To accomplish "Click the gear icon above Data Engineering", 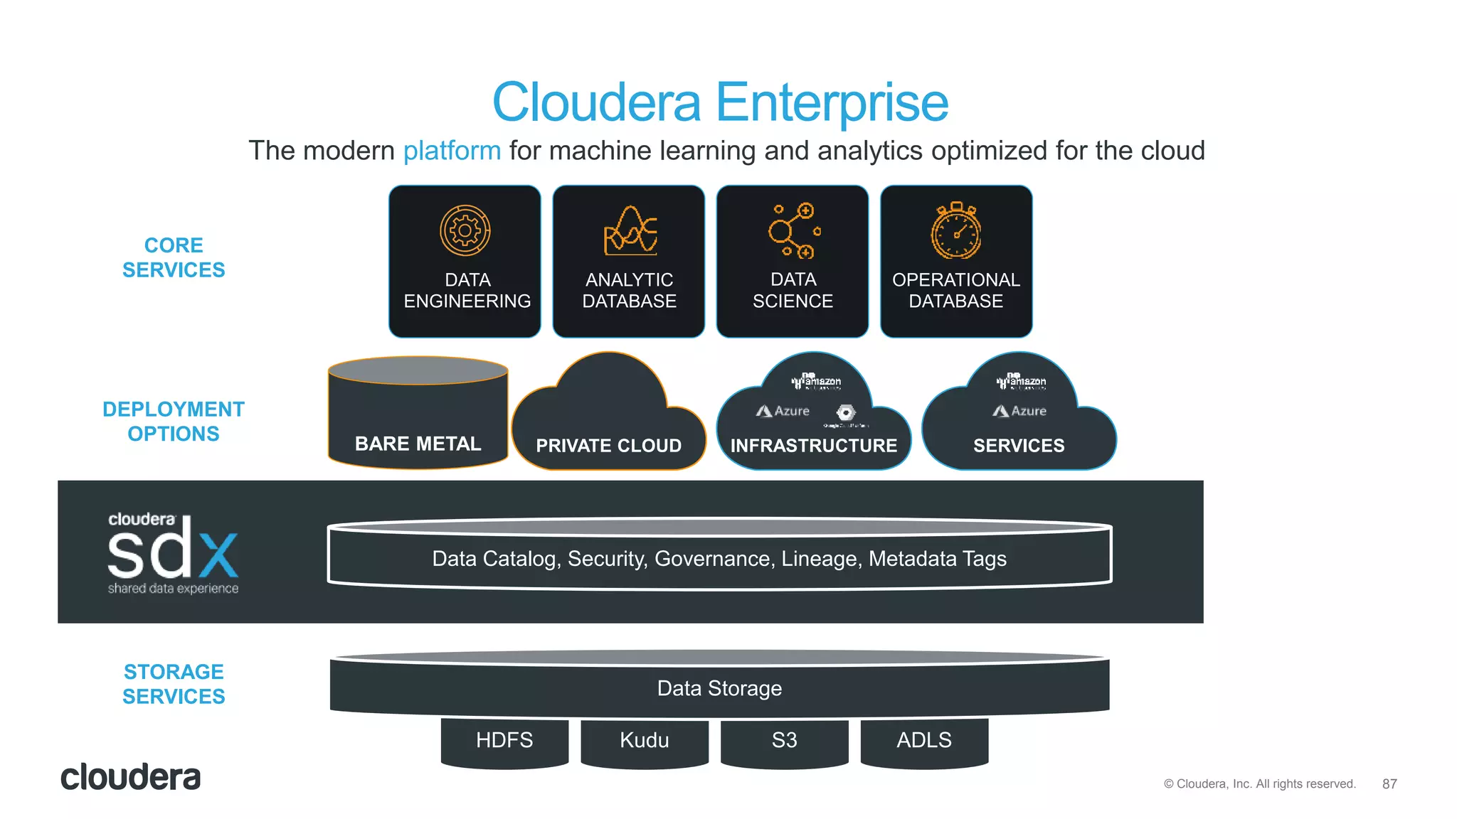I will pos(465,230).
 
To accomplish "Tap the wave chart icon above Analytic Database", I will pos(630,231).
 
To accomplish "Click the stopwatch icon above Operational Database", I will pos(956,231).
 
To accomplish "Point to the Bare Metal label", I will pos(418,444).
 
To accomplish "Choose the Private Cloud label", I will pos(608,446).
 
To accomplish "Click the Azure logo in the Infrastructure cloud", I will pos(783,411).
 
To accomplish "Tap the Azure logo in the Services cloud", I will pos(1019,411).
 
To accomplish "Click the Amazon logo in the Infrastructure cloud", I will pos(816,382).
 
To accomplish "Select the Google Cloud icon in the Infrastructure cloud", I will pos(845,413).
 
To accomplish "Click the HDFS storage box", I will pos(504,740).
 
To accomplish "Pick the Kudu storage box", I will pos(644,740).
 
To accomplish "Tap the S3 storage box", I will pos(784,740).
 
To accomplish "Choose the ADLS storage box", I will pos(923,740).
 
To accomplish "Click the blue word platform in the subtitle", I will pos(452,151).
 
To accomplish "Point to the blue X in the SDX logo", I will pos(218,555).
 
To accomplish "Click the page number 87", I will pos(1389,783).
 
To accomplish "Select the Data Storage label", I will pos(719,688).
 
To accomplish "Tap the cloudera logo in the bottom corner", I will pos(130,777).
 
